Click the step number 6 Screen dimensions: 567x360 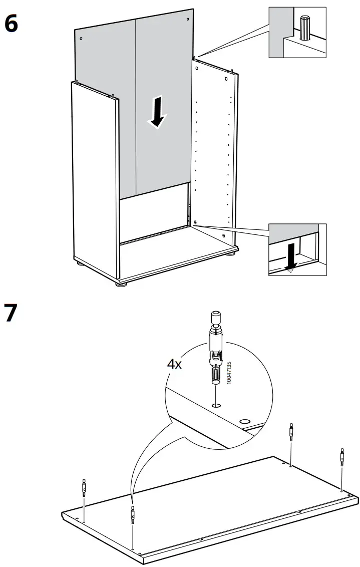click(x=12, y=24)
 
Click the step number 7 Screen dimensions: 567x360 click(x=11, y=314)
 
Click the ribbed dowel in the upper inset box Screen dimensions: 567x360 click(x=304, y=27)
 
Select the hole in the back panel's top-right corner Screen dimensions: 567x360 click(x=188, y=20)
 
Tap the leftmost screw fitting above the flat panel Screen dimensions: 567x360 click(x=84, y=486)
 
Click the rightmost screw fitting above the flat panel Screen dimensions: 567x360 click(x=342, y=456)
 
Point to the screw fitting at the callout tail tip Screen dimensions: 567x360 click(x=132, y=515)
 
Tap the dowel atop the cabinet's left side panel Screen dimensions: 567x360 click(x=115, y=95)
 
